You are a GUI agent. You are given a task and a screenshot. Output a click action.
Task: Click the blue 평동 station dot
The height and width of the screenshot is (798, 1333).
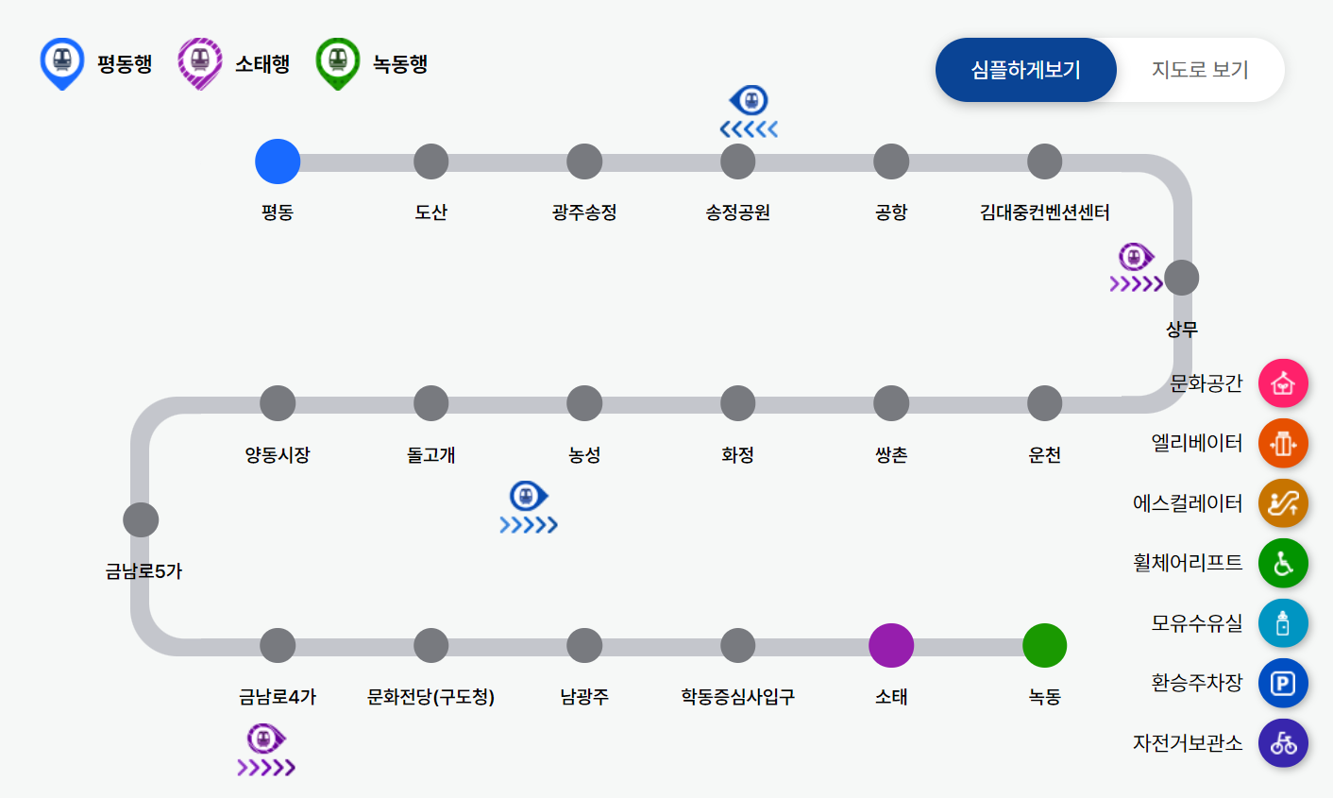point(278,161)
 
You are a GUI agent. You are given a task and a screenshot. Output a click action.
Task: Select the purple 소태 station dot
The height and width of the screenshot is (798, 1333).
point(891,646)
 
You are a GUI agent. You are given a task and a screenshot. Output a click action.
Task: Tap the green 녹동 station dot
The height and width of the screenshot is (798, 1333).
point(1044,646)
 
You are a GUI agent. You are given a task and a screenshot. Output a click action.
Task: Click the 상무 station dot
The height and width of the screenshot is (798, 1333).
point(1181,279)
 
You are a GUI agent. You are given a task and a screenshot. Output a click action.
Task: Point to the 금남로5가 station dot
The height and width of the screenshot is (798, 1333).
point(141,519)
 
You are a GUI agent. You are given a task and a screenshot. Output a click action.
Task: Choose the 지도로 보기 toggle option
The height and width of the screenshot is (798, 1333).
point(1200,70)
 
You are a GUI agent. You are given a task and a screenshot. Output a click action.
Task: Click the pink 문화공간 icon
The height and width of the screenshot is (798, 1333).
point(1283,383)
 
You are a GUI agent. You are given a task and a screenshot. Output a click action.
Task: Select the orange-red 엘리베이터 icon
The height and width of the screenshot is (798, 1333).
point(1283,443)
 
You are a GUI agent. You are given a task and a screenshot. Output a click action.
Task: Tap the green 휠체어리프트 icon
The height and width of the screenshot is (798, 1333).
point(1283,563)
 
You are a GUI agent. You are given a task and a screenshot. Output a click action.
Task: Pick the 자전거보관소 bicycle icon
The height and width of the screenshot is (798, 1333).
point(1283,743)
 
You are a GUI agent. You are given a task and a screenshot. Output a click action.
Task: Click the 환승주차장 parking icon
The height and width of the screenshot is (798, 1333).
point(1283,683)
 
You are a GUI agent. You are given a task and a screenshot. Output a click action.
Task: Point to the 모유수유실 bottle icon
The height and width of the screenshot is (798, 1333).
point(1283,623)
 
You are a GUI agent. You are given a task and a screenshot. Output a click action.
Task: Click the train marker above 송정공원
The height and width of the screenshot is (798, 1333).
point(750,100)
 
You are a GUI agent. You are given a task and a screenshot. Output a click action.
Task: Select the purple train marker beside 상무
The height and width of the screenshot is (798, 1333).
point(1136,257)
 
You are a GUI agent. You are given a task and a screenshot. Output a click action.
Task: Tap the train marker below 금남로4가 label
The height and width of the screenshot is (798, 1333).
point(265,739)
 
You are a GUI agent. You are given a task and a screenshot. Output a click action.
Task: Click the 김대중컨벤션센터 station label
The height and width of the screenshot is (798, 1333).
point(1044,212)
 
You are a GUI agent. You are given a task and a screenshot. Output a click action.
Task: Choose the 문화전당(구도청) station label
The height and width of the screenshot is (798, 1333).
point(430,697)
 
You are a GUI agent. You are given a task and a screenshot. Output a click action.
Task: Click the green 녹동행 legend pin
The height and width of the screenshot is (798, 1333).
point(338,62)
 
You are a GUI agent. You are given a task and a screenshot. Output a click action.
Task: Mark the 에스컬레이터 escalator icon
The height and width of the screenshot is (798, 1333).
point(1283,503)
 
